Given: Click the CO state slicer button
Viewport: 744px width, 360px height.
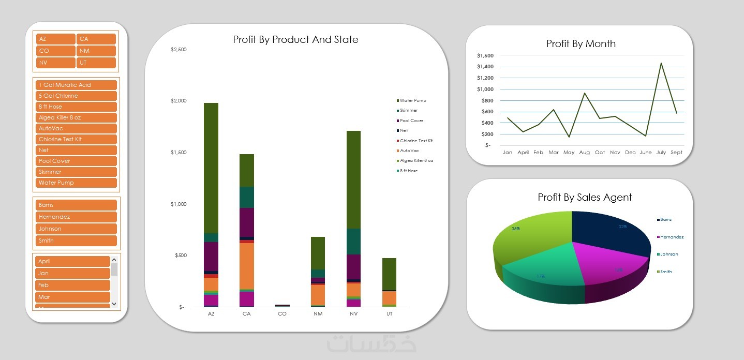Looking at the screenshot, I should (x=56, y=51).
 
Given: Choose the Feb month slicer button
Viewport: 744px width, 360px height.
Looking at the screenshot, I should (x=72, y=285).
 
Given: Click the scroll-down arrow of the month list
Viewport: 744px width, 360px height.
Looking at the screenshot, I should (x=114, y=304).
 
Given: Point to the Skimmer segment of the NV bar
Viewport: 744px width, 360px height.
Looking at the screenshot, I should (x=354, y=241).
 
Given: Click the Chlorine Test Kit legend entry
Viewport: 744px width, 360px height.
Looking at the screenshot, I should (x=415, y=141).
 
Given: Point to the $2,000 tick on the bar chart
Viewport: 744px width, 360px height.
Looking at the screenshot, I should (x=178, y=101).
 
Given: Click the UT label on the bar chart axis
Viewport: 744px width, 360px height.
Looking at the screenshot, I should (x=389, y=314).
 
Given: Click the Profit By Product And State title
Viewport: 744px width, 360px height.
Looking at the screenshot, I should (x=295, y=40).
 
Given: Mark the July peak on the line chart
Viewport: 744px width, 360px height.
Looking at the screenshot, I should (x=661, y=64).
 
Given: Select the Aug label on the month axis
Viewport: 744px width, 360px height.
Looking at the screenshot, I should (x=584, y=153).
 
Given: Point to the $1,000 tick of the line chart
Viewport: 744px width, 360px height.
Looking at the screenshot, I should (x=486, y=89).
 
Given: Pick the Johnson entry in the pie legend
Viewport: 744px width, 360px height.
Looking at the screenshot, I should (x=668, y=254).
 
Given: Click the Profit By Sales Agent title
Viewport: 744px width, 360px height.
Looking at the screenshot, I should (x=585, y=197).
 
